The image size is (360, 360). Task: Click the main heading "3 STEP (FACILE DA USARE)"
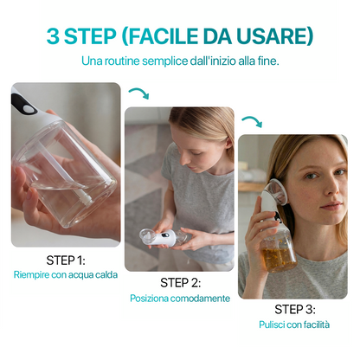click(x=179, y=36)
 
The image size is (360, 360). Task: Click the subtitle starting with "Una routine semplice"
click(x=179, y=62)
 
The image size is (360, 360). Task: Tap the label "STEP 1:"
click(x=66, y=259)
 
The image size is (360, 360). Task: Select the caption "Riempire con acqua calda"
click(x=66, y=274)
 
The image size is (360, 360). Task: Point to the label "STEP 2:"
click(x=180, y=283)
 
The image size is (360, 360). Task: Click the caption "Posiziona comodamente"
click(x=180, y=299)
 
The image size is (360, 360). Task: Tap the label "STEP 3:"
click(x=293, y=309)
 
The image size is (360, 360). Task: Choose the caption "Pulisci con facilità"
click(x=293, y=325)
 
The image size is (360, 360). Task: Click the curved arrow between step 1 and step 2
click(x=138, y=93)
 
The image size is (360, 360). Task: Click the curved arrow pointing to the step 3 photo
click(x=251, y=121)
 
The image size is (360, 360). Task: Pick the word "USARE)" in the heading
click(x=275, y=36)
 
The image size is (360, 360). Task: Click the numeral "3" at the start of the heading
click(x=54, y=36)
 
